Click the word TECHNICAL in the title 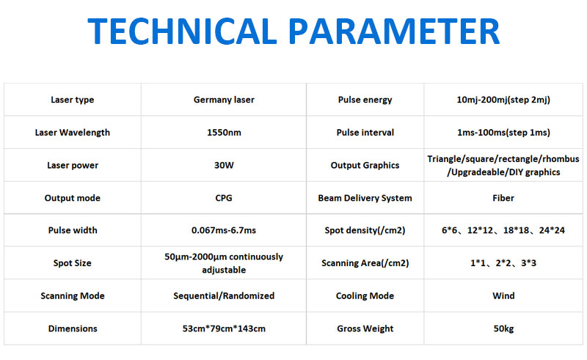182,31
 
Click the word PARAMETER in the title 395,31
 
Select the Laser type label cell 72,100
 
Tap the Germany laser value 224,100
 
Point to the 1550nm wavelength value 224,133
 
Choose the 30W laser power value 224,165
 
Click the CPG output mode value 224,198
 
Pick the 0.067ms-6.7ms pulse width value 224,230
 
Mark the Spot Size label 72,263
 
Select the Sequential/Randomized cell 224,295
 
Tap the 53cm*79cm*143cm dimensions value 224,328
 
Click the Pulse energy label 365,100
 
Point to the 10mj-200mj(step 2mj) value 503,100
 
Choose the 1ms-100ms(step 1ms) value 503,133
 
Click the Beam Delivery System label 365,198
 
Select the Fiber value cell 503,198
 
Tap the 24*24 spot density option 552,230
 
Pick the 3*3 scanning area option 528,263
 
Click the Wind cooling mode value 503,295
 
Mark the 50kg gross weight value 503,328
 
